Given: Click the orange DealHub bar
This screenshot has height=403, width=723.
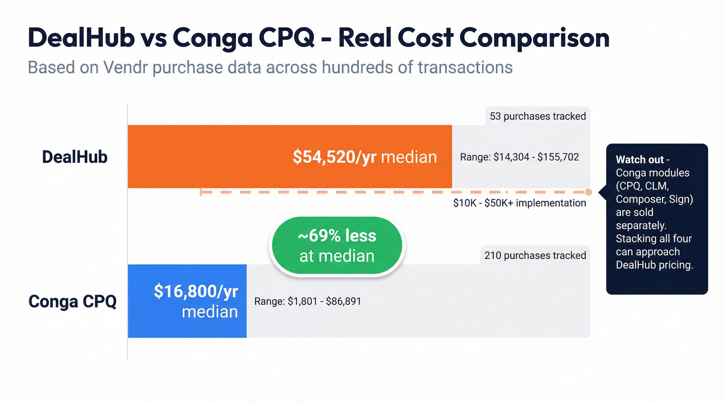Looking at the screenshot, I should pos(232,156).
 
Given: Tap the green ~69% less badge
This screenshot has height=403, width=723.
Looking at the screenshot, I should pos(337,246).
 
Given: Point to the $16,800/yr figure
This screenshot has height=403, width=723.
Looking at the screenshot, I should pos(196,292).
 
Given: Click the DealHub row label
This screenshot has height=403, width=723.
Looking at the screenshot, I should pos(75,157).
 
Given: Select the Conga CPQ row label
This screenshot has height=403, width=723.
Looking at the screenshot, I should pos(72,301).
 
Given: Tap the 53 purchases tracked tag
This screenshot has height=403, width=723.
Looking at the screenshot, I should pos(538,116).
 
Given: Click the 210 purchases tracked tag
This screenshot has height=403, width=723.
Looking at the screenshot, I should pos(535,255).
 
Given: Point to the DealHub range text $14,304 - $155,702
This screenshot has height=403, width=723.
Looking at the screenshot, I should pos(520,157).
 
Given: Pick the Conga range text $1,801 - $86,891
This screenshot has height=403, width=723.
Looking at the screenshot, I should pos(308,301).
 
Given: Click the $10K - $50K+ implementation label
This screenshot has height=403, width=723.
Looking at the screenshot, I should pos(520,203).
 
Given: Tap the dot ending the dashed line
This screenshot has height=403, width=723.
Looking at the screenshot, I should pos(588,192).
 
